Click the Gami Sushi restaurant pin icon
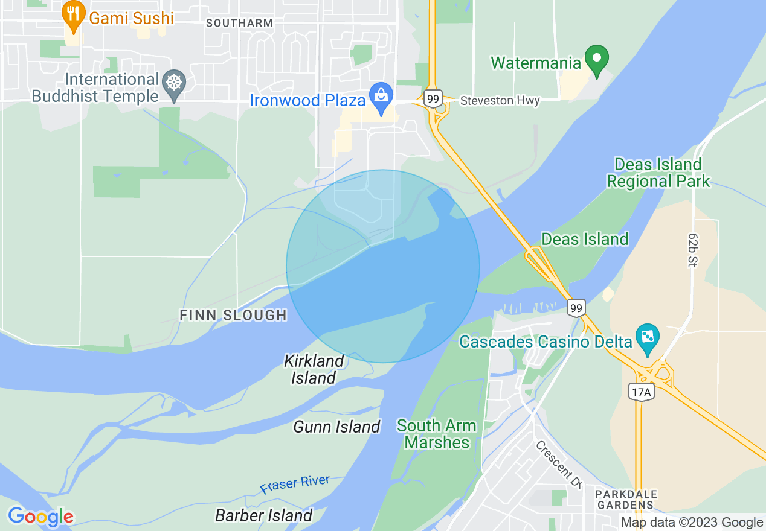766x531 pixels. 74,16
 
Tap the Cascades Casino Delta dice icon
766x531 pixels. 647,339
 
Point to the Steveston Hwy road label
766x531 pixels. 500,101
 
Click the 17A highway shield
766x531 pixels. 640,392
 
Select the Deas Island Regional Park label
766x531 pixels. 658,173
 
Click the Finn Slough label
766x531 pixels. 233,315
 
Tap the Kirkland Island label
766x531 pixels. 314,369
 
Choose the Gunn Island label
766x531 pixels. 336,427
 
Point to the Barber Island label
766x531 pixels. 264,515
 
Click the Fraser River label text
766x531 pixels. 295,485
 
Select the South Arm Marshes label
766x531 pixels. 436,434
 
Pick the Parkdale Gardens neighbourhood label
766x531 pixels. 625,499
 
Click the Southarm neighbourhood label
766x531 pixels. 239,23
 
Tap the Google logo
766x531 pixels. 40,517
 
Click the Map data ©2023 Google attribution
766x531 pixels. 692,523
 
